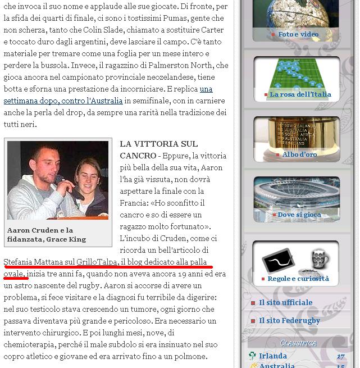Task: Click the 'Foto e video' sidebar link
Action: [x=298, y=34]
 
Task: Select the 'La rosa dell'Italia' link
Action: [x=300, y=94]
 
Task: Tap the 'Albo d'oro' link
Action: [x=299, y=155]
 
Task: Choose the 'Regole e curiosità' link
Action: [x=298, y=279]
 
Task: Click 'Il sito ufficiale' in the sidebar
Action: [x=285, y=302]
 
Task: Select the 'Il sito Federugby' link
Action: [x=289, y=320]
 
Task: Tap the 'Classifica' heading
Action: [x=298, y=343]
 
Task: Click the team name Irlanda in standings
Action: [x=273, y=356]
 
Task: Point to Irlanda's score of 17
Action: [x=340, y=356]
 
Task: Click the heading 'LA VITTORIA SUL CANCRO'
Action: [x=158, y=149]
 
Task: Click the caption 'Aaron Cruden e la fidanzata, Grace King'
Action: [x=47, y=235]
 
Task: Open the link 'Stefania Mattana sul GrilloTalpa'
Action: [x=61, y=262]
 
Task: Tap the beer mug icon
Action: [x=320, y=260]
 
